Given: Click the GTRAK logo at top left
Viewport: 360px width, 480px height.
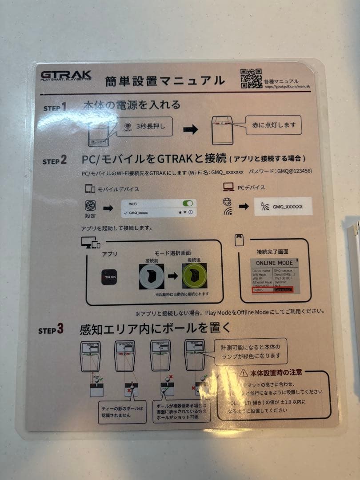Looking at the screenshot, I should point(66,76).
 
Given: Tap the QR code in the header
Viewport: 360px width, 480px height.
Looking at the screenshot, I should point(251,78).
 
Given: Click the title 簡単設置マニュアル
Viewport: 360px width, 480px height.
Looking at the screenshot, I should point(165,81).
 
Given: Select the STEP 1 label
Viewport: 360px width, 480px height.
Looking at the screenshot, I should point(55,107).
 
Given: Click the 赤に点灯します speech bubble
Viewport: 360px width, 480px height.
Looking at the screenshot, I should point(274,125).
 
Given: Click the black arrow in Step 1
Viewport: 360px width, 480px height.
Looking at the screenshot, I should point(191,129).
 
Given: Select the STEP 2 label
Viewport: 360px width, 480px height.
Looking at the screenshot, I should point(55,160).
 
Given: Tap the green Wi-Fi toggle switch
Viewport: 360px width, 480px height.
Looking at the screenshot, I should point(188,203).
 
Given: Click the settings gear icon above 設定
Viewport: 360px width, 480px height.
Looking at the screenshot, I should point(90,206).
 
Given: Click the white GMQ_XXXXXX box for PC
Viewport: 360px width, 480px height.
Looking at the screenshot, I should point(283,207).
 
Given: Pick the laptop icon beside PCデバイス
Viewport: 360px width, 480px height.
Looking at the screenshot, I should point(228,188).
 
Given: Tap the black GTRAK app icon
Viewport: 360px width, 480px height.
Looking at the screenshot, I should point(109,277).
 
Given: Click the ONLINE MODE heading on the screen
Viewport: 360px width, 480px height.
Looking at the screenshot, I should point(274,263).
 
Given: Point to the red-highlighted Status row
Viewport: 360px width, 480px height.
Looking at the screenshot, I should point(274,290).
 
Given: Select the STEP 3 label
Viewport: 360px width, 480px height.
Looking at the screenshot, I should point(51,330).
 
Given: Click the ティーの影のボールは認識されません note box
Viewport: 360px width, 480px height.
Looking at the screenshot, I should point(122,412).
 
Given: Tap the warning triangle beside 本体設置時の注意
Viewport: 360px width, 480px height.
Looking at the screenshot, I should point(244,373).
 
